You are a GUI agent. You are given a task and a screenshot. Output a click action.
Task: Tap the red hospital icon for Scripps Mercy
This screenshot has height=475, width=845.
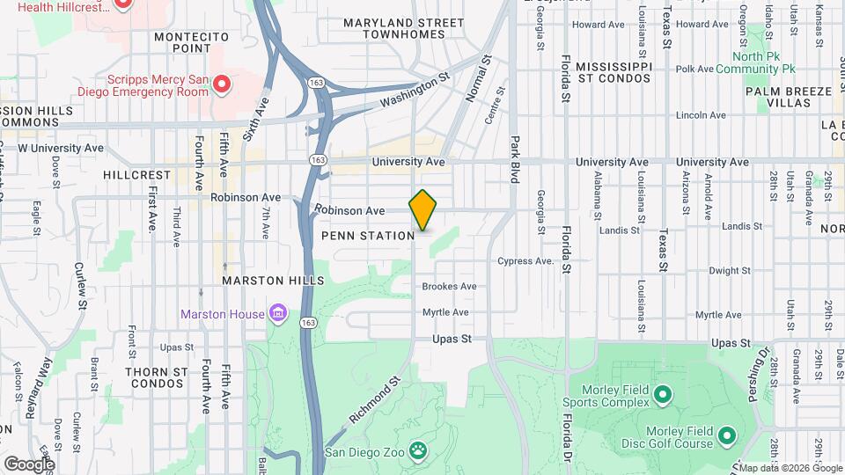coord(222,84)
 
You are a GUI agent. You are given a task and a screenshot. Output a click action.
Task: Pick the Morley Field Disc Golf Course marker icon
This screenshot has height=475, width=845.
coord(727,435)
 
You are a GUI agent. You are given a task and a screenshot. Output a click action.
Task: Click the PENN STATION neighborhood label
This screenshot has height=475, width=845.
coord(368,236)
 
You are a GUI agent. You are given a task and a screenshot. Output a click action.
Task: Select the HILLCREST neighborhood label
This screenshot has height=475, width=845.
coord(136,175)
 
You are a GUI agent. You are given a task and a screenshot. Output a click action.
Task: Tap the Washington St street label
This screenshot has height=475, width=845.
coord(415,91)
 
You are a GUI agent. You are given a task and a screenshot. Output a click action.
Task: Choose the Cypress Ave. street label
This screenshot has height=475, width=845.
coord(525,261)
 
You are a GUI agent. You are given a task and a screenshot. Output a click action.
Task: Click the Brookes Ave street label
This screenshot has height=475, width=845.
coord(449,287)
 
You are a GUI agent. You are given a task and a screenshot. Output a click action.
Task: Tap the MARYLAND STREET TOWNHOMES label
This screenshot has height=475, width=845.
coord(404,28)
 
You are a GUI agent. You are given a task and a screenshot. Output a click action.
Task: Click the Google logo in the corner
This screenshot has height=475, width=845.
coord(28,464)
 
